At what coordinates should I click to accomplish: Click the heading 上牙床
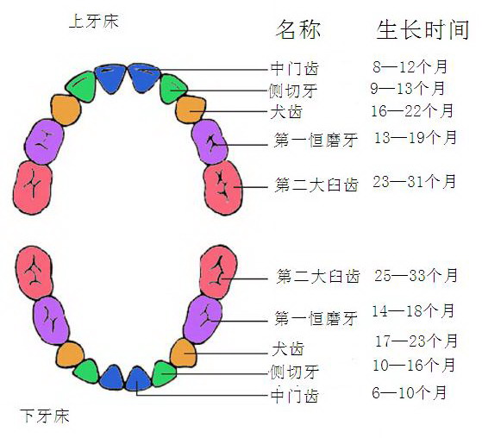(94, 22)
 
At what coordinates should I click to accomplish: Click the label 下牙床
(45, 416)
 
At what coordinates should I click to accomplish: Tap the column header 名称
(298, 29)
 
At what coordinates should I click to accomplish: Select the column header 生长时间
(423, 30)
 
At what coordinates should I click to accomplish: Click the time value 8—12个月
(410, 66)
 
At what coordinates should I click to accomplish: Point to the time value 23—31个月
(415, 181)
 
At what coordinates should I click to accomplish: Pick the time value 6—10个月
(410, 392)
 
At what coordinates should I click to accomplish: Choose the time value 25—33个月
(416, 275)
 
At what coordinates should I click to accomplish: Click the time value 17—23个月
(416, 341)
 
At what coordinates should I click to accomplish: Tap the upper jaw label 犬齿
(286, 112)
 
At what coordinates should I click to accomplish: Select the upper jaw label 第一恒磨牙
(316, 141)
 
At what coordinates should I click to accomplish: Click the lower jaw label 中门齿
(295, 396)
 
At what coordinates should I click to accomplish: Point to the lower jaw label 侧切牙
(294, 372)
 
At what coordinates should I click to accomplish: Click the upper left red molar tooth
(33, 187)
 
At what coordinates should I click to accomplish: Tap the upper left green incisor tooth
(81, 86)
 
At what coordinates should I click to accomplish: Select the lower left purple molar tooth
(51, 320)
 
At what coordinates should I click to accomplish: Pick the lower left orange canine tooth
(70, 354)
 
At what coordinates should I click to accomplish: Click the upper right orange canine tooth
(191, 109)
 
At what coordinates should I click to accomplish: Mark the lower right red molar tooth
(218, 272)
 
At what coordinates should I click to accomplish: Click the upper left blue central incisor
(110, 78)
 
